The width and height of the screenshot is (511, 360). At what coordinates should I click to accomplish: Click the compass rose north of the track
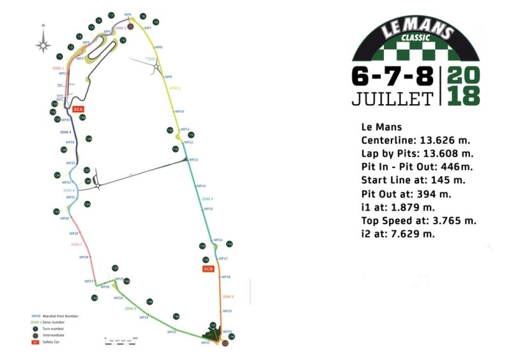tap(43, 43)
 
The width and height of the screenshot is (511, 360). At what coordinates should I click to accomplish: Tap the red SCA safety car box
tap(79, 109)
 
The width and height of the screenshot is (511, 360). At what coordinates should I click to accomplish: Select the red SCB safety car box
tap(208, 269)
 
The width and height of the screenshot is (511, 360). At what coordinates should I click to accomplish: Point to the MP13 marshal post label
tap(193, 160)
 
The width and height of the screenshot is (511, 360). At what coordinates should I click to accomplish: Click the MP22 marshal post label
tap(171, 332)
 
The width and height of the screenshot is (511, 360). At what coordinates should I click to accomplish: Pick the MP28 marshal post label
tap(84, 257)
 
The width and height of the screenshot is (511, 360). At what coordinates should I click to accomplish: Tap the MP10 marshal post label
tap(179, 112)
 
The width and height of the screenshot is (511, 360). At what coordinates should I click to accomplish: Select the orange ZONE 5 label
tap(228, 297)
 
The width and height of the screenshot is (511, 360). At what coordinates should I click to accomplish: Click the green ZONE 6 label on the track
tap(130, 308)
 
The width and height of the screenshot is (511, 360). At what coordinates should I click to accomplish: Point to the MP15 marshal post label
tap(208, 209)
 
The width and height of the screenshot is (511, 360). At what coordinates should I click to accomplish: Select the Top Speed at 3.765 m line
tap(418, 221)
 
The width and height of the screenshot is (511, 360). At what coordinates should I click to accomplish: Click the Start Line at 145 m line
tap(408, 180)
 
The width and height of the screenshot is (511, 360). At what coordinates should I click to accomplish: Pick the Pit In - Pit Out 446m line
tap(414, 167)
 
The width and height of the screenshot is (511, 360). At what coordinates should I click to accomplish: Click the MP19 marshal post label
tap(227, 311)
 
